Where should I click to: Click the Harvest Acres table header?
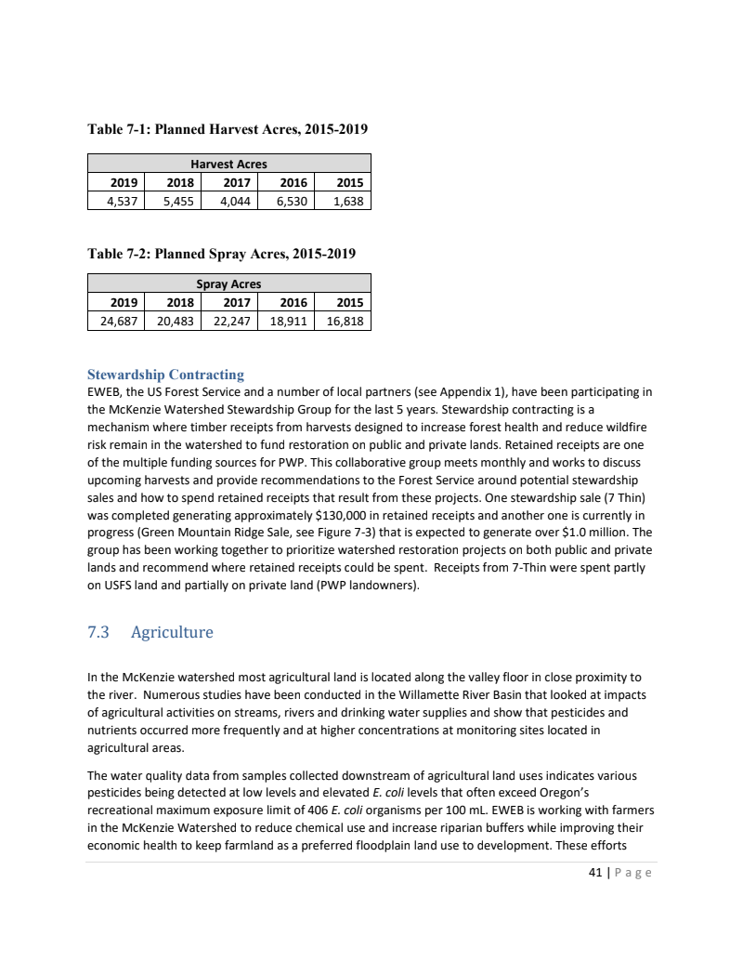228,164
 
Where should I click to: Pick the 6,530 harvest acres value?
288,200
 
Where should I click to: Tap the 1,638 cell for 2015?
345,200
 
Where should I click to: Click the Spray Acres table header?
228,283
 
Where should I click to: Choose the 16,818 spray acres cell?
345,321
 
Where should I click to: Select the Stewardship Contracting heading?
165,375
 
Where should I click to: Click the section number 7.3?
98,633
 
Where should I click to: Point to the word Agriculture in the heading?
172,633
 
